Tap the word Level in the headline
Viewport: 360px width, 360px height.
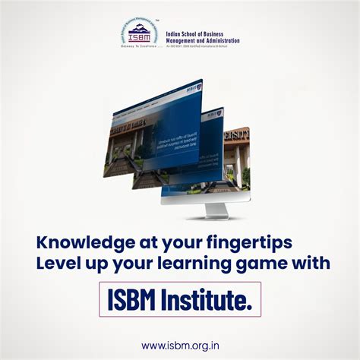[x=55, y=264]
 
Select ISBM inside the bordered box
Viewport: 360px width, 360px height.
[x=134, y=299]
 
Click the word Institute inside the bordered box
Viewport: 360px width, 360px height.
[x=209, y=299]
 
